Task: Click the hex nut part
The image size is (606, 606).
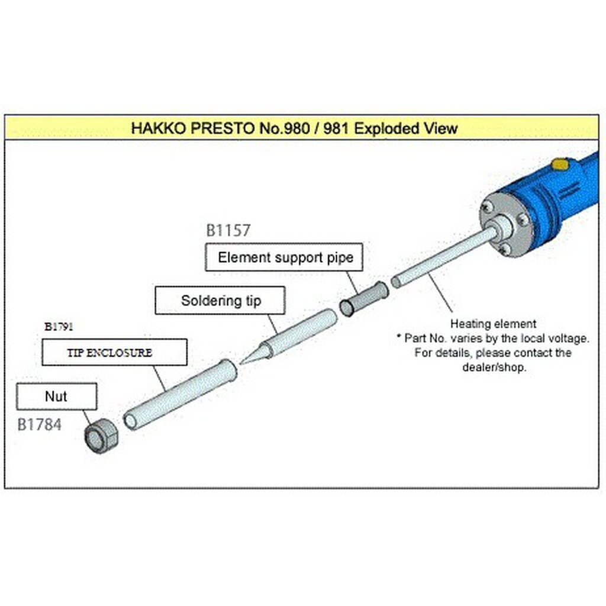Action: pos(101,436)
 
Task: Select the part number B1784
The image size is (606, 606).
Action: pos(40,425)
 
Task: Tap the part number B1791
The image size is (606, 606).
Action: pos(59,327)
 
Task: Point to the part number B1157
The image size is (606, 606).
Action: pos(228,230)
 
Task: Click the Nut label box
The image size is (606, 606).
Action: pos(56,396)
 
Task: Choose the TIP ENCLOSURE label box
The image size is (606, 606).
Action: pos(114,352)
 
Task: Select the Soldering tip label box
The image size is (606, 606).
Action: pos(220,300)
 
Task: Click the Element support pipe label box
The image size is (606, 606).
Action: pos(284,257)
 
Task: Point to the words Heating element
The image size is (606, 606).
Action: pos(493,324)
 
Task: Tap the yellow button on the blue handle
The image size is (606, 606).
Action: pos(560,165)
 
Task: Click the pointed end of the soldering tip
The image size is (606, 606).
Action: pos(240,363)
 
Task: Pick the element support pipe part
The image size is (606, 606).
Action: pos(364,298)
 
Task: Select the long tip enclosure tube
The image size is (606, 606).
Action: pos(180,394)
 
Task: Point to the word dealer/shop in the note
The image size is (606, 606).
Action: pos(494,367)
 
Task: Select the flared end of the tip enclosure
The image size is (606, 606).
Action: pos(228,369)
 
